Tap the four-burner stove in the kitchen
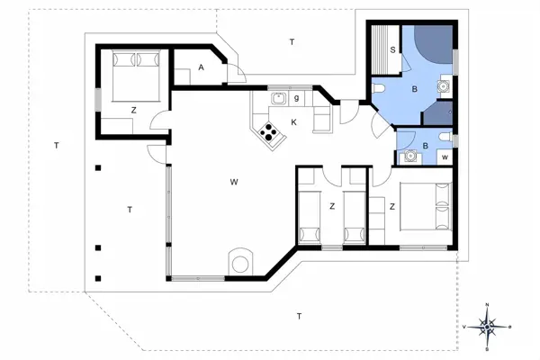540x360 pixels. tap(269, 133)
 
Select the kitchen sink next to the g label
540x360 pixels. tap(277, 98)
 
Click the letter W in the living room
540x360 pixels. tap(233, 183)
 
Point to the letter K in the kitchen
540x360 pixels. tap(293, 121)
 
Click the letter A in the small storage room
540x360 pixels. tap(202, 68)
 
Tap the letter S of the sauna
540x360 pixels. tap(393, 51)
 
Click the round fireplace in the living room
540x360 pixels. tap(240, 262)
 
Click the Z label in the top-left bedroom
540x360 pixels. tap(133, 110)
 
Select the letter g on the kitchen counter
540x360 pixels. tap(296, 97)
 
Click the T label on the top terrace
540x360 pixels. tap(292, 42)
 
